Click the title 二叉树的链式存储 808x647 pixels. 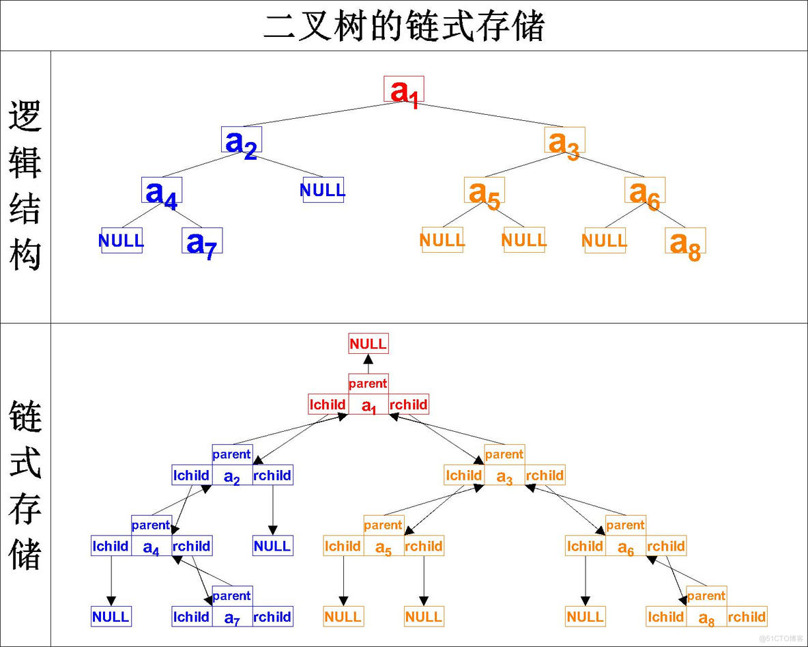(x=404, y=27)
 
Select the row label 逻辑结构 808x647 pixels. (x=25, y=186)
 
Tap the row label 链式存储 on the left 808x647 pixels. (x=25, y=485)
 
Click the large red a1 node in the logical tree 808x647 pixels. (x=403, y=90)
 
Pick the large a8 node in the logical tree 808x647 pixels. (x=685, y=241)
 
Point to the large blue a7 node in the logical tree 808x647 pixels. (x=202, y=241)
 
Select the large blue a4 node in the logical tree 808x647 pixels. (x=162, y=191)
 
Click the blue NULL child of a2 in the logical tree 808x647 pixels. (x=323, y=190)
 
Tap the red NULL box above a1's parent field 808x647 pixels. (x=369, y=344)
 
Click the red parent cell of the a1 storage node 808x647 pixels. (x=369, y=383)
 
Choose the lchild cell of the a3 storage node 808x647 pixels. (x=464, y=475)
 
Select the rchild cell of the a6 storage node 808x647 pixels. (x=666, y=546)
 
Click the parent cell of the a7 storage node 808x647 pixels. (x=232, y=596)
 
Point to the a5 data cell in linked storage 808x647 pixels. (x=384, y=547)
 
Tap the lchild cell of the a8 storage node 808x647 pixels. (x=666, y=617)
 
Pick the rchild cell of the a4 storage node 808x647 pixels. (x=192, y=546)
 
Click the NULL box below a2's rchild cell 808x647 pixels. (x=272, y=546)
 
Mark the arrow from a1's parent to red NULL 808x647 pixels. (x=369, y=363)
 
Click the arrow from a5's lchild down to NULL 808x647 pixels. (x=343, y=581)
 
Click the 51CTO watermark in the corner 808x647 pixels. (x=781, y=638)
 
